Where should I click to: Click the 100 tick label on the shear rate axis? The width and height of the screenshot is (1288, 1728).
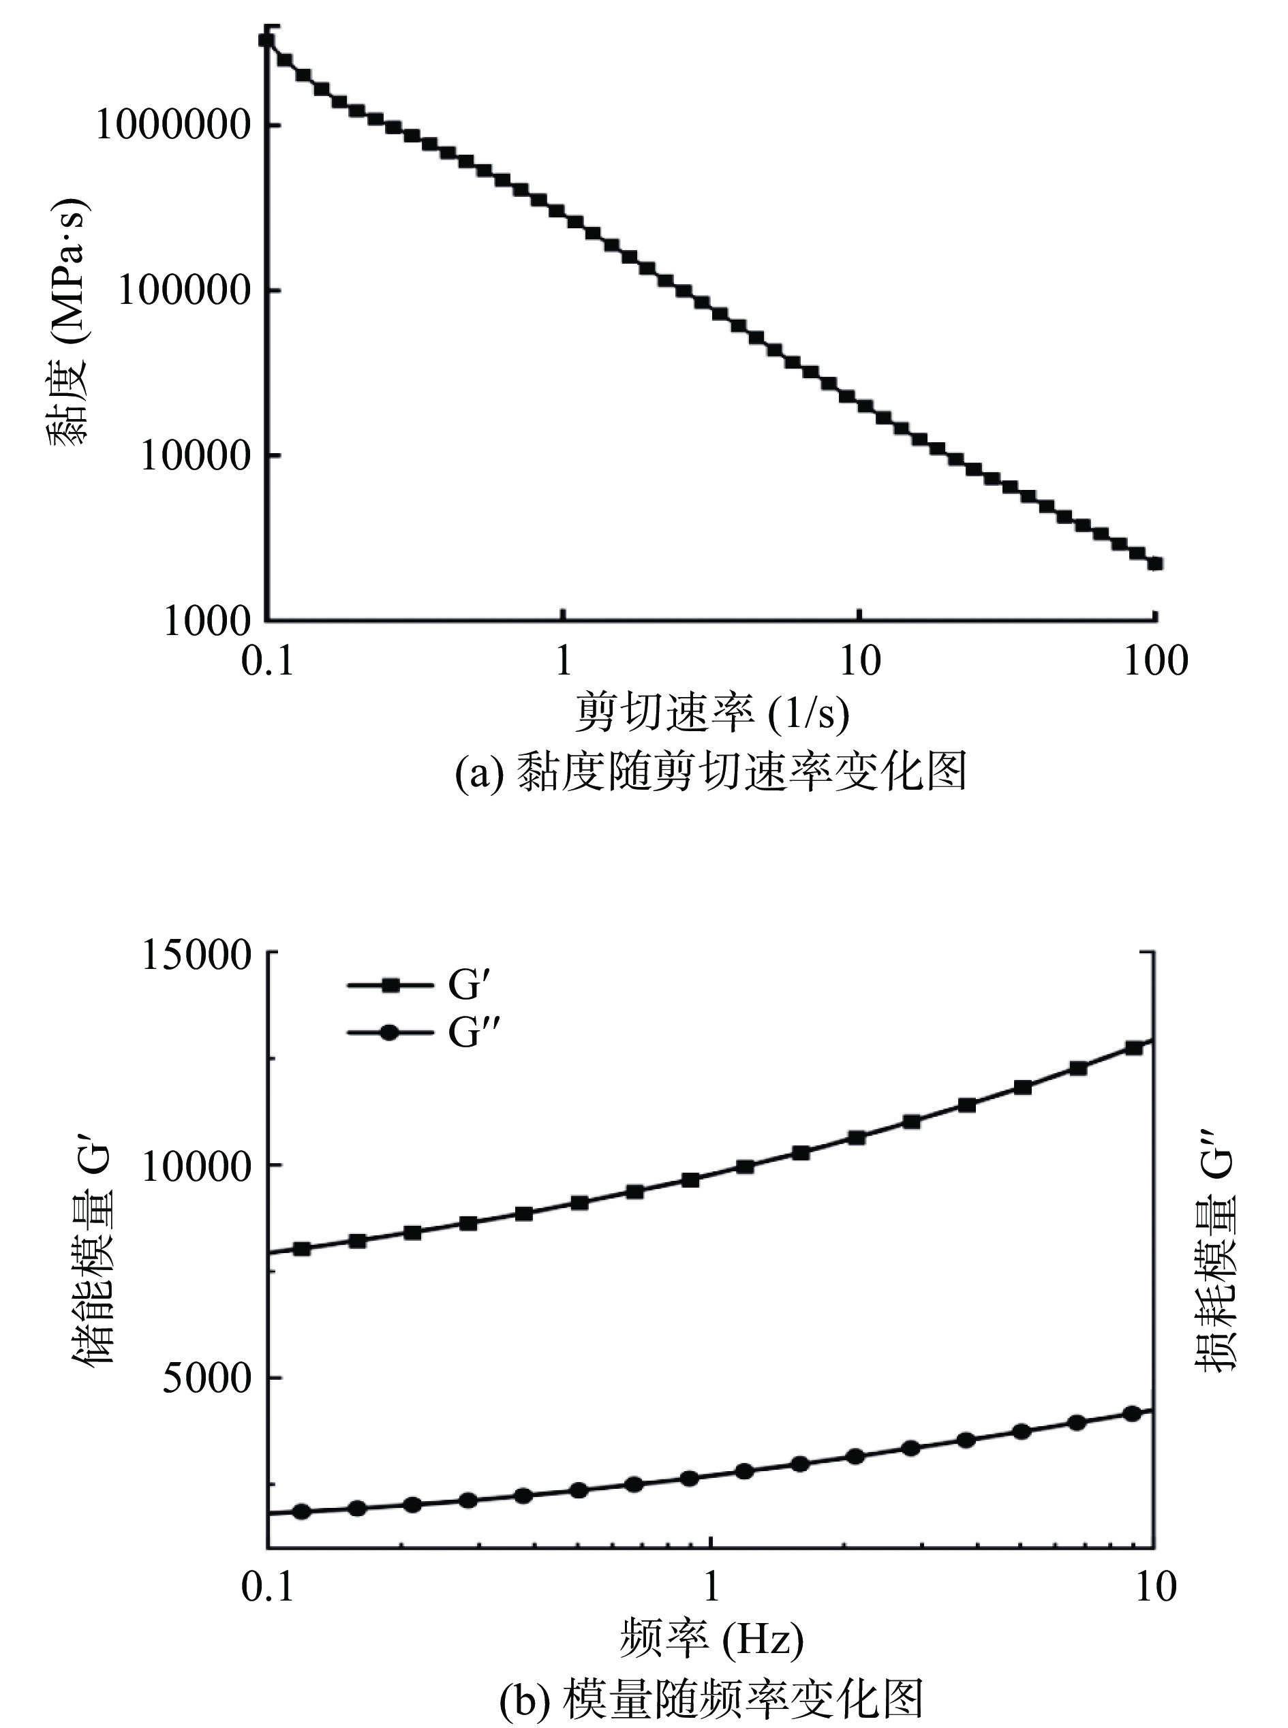pyautogui.click(x=1154, y=662)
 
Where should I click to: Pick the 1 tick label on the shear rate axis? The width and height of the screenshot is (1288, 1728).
pyautogui.click(x=562, y=662)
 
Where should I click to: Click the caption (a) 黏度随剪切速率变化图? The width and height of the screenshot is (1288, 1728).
pyautogui.click(x=711, y=771)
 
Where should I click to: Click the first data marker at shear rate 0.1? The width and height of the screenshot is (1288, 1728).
pyautogui.click(x=266, y=40)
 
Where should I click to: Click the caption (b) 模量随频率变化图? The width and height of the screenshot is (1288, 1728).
pyautogui.click(x=711, y=1696)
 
